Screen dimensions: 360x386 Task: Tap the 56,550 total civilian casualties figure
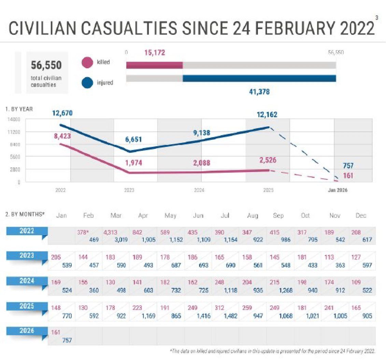(x=46, y=65)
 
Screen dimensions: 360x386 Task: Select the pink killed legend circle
(x=88, y=63)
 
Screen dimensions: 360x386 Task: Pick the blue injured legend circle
(x=88, y=82)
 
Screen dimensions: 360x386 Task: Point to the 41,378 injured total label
(x=261, y=92)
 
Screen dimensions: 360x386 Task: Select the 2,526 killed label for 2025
(x=268, y=160)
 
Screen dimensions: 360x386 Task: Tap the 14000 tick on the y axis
(x=12, y=119)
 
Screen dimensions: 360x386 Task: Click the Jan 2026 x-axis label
(x=338, y=190)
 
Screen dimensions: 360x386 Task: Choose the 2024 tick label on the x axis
(x=199, y=190)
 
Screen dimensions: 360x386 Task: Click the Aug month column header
(x=252, y=216)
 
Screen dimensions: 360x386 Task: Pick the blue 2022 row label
(x=27, y=231)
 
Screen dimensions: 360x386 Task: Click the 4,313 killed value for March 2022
(x=111, y=232)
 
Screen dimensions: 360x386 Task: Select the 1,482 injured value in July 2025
(x=228, y=316)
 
